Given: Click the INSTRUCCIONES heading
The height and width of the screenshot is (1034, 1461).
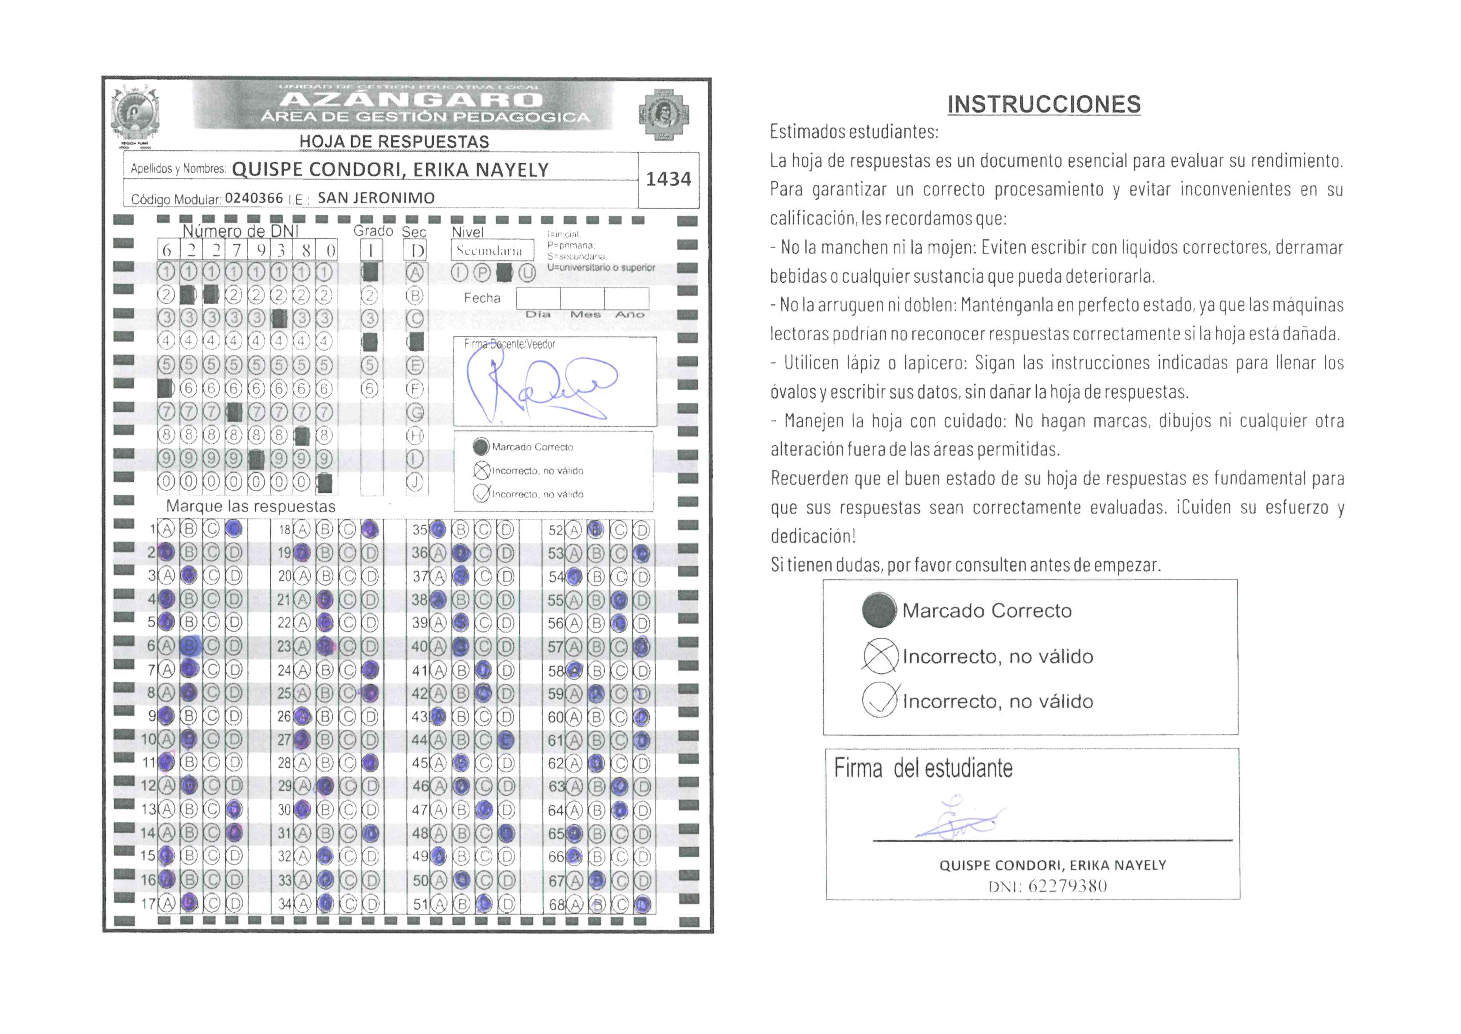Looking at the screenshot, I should [x=1044, y=104].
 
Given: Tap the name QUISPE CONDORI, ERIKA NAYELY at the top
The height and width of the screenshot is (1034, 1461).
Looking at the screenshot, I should [x=390, y=170].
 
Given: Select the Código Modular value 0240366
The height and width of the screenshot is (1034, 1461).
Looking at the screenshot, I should [x=254, y=198].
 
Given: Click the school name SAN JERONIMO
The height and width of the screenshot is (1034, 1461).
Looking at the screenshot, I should [x=376, y=198].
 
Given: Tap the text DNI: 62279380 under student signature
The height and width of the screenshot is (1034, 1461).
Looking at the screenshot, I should [x=1047, y=886].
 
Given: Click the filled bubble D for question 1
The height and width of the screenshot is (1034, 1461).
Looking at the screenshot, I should [x=234, y=528].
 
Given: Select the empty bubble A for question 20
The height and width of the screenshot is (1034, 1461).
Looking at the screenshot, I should [x=303, y=576].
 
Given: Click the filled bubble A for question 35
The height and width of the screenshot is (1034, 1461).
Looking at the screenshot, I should [x=438, y=529].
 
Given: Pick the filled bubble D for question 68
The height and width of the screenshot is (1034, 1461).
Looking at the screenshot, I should [x=642, y=903].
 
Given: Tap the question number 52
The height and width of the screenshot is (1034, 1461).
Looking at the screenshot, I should [x=555, y=530].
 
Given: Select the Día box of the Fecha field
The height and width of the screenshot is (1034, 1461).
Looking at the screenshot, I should [x=538, y=298].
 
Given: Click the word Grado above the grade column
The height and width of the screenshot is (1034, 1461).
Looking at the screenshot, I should [x=373, y=231].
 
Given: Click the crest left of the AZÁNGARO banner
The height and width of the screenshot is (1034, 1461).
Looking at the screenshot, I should [x=135, y=114].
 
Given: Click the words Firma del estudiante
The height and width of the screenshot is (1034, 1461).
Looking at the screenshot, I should [x=923, y=768].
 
